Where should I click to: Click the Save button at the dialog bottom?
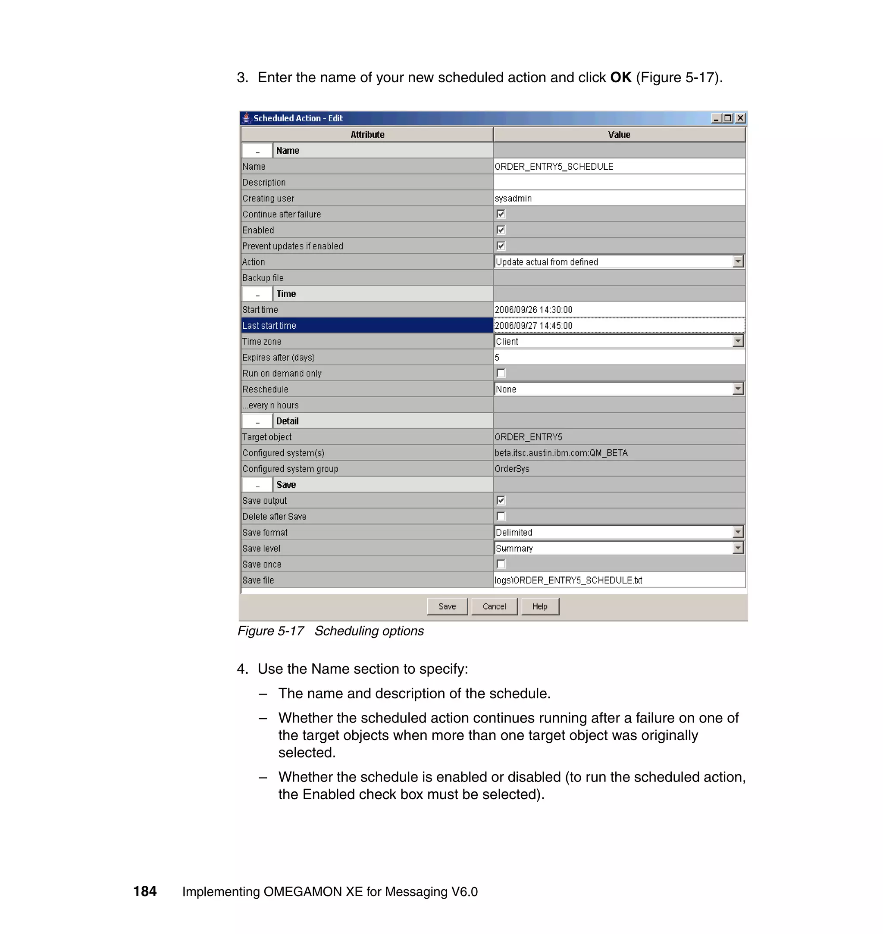[447, 606]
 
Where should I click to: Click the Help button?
[540, 606]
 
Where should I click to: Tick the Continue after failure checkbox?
[501, 214]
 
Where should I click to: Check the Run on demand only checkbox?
[501, 373]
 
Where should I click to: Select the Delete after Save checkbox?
[501, 517]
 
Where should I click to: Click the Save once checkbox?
[501, 564]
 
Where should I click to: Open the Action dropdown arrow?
[738, 262]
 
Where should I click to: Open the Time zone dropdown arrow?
[738, 341]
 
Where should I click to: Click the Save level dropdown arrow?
[738, 548]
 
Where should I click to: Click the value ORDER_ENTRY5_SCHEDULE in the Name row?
[554, 166]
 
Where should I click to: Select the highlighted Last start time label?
[269, 325]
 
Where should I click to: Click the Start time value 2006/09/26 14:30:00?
[533, 309]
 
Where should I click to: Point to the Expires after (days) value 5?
[497, 358]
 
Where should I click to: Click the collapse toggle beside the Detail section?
[257, 421]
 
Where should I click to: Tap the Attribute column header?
[367, 134]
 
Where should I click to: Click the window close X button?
[740, 118]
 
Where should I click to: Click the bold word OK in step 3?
[620, 78]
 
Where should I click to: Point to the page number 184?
[145, 891]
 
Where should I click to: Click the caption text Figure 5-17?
[271, 631]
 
